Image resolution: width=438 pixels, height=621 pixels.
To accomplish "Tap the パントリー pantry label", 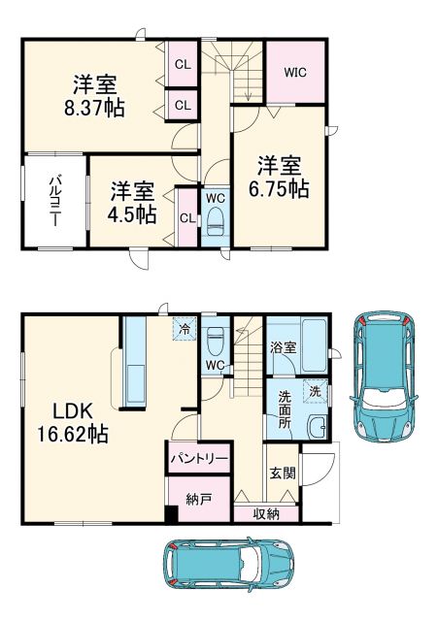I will coord(199,456).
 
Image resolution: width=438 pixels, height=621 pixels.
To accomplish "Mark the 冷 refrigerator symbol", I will coord(183,328).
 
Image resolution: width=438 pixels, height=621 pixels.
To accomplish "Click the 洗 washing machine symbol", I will coord(313,392).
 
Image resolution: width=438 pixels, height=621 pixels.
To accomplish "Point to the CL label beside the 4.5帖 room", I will coord(185,216).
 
